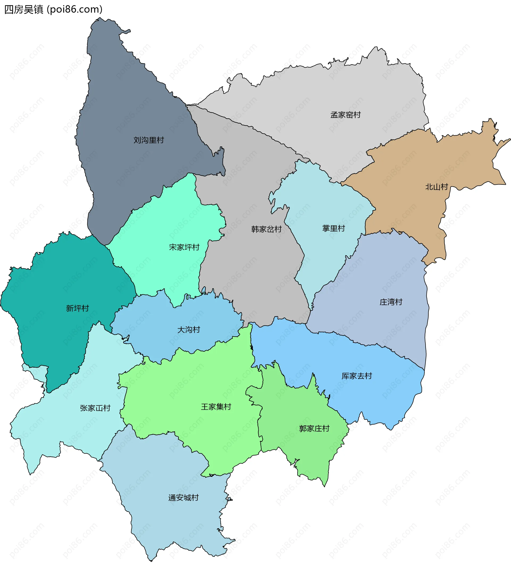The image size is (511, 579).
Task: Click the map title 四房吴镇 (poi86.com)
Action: tap(53, 9)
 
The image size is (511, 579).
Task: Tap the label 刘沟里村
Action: tap(149, 140)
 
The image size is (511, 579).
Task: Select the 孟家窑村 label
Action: tap(345, 115)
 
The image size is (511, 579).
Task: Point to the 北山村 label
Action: tap(436, 187)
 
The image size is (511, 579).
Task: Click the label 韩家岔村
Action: tap(266, 229)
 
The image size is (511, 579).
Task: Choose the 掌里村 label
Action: tap(333, 228)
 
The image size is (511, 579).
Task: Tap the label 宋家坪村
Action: tap(184, 247)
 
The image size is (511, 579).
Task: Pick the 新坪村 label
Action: tap(77, 308)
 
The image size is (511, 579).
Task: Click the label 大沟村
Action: tap(188, 330)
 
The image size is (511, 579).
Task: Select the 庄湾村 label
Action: tap(391, 302)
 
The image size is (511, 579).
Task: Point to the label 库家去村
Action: tap(356, 376)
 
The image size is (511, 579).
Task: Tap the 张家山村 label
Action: tap(95, 408)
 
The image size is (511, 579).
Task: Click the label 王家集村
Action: tap(216, 407)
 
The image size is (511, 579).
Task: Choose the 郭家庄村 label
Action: tap(314, 429)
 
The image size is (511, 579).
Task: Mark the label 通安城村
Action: tap(183, 498)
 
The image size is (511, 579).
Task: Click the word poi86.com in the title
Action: tap(75, 9)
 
